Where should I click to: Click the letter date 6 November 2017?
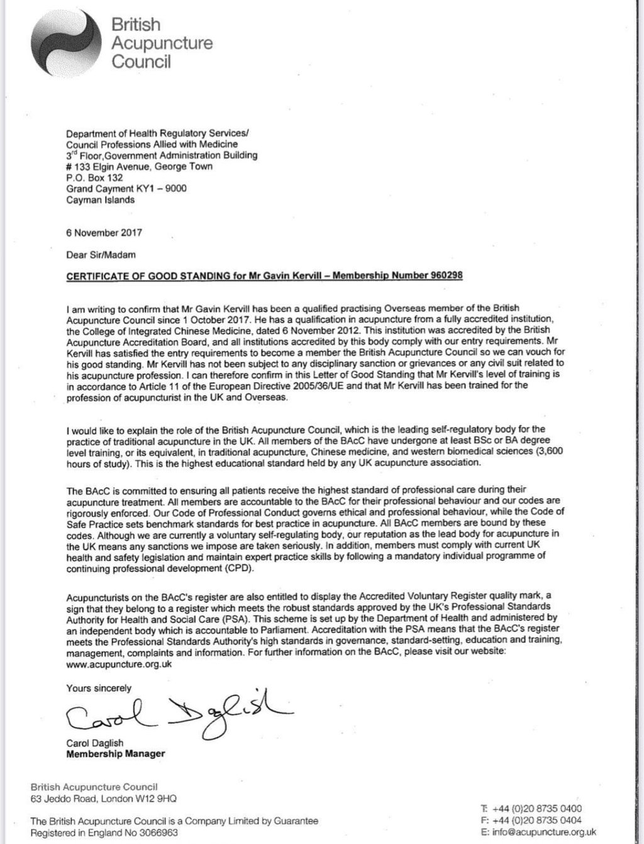point(104,232)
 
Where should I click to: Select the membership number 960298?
point(445,276)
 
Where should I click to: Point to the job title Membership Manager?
point(116,753)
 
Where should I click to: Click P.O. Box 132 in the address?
point(94,177)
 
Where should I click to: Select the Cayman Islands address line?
point(100,200)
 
